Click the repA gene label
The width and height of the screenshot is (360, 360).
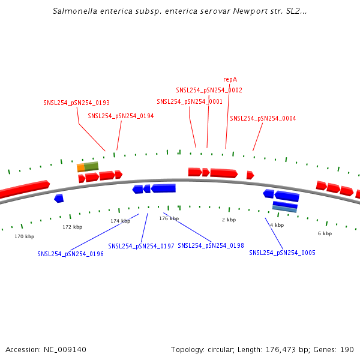230,79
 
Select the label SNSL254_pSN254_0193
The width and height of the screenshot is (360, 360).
76,103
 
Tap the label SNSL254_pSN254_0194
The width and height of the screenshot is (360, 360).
121,116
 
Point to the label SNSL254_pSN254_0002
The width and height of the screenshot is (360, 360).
209,90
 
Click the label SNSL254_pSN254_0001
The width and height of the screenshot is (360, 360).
190,102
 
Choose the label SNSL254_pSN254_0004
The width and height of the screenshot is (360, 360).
263,118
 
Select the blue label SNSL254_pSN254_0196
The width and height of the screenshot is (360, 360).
70,254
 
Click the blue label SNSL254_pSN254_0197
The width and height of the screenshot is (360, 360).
141,246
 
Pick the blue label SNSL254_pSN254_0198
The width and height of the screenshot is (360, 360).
211,245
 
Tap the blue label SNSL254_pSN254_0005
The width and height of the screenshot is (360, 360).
282,253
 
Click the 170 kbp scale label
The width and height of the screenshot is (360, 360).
25,236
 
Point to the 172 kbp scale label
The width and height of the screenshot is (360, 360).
72,227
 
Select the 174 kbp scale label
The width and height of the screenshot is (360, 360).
120,221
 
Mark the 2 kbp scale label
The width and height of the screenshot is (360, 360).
229,220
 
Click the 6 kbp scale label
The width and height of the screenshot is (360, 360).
325,233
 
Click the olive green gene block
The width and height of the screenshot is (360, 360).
91,166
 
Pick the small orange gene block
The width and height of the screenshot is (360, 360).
80,167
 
